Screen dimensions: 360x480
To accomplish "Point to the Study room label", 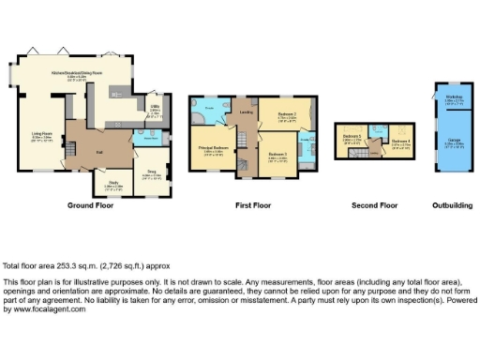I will (113, 183).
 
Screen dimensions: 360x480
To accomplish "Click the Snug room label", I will (151, 172).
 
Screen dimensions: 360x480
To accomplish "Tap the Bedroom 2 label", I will (288, 114).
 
